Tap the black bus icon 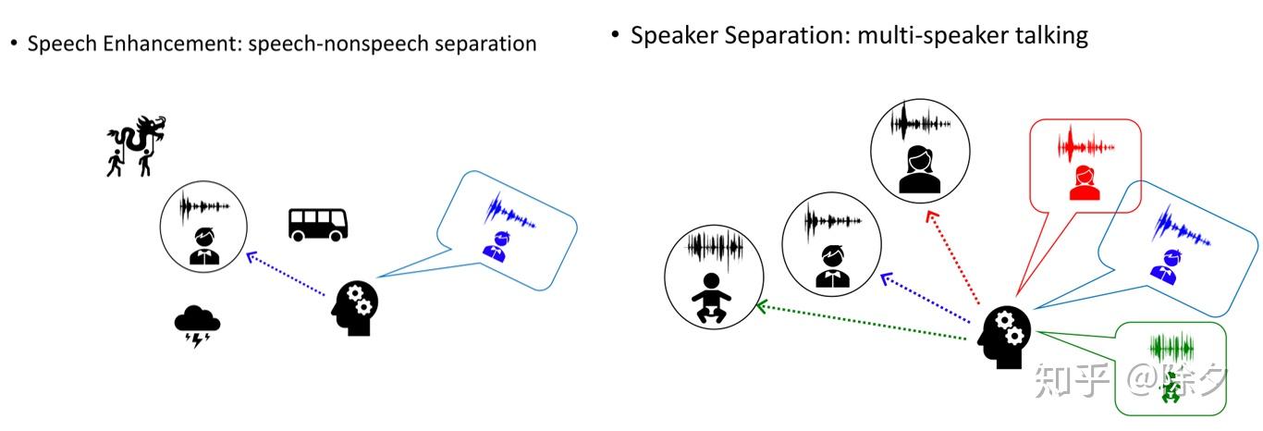tap(318, 224)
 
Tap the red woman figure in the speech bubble tap(1084, 182)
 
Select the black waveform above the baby tap(714, 247)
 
